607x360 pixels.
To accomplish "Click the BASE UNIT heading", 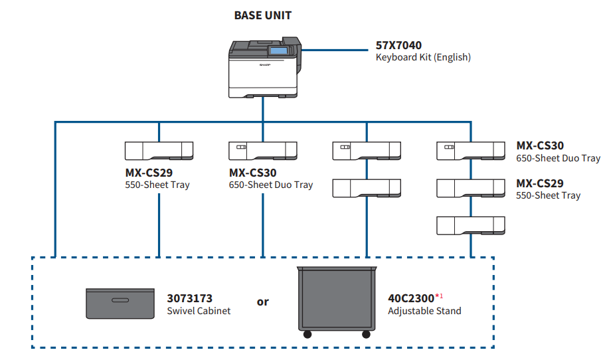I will point(262,15).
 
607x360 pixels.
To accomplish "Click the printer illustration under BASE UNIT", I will point(264,69).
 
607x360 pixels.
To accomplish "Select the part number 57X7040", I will point(398,46).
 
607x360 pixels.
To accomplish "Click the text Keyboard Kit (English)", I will point(423,57).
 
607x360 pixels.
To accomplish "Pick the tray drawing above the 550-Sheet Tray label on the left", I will point(159,151).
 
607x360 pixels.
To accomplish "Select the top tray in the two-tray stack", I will point(367,151).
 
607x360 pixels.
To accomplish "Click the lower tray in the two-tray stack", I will point(367,188).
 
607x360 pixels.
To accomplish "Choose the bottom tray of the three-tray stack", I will point(470,225).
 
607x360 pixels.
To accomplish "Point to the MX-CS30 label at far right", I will point(540,146).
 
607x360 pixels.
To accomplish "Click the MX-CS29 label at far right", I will point(540,183).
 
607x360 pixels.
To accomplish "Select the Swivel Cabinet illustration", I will point(120,303).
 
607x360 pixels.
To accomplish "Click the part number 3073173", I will point(189,299).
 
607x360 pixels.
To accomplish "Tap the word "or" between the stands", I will point(263,302).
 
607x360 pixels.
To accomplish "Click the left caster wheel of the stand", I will point(307,334).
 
